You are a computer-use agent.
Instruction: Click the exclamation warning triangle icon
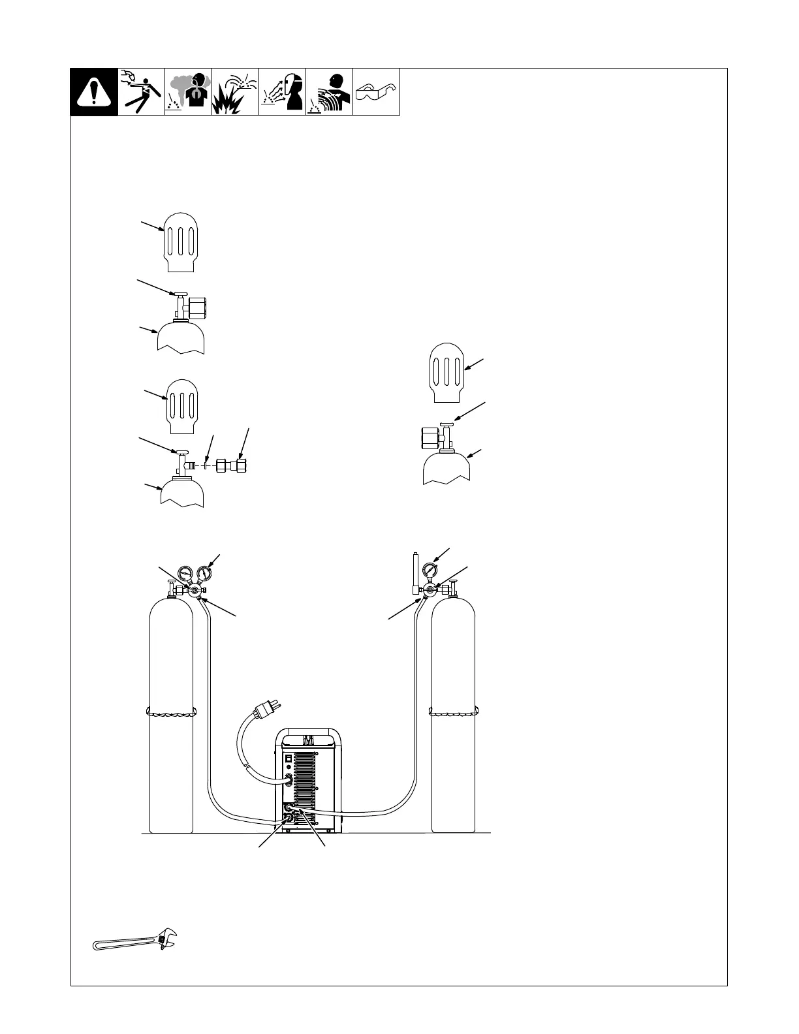[94, 92]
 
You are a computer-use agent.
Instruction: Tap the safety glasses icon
[376, 92]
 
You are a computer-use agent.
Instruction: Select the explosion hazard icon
[235, 92]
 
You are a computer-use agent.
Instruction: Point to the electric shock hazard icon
[141, 92]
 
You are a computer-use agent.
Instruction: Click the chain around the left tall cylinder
[171, 712]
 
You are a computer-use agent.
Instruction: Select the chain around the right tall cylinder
[453, 712]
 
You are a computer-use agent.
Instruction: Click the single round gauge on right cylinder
[430, 569]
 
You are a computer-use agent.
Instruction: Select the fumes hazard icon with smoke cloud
[188, 92]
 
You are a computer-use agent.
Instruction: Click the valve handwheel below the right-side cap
[446, 425]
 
